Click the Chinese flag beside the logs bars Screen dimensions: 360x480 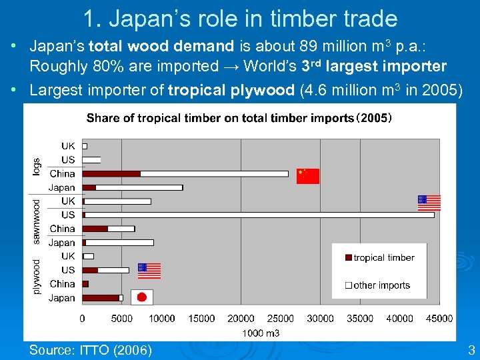[x=308, y=176]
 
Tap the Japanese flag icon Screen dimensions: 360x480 [x=141, y=297]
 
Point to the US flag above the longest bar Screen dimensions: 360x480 [x=429, y=203]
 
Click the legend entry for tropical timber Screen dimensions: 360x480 [x=379, y=258]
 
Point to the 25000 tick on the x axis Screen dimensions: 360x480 [x=281, y=319]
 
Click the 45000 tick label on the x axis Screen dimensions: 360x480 [x=439, y=319]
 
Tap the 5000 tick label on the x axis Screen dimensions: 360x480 [x=122, y=319]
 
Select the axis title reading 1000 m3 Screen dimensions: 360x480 [x=261, y=333]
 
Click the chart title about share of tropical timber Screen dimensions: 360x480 [x=239, y=119]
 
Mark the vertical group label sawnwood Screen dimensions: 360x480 [x=37, y=221]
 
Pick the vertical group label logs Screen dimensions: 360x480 [x=37, y=167]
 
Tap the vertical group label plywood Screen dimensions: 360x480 [x=37, y=277]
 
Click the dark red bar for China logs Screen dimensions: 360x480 [x=111, y=174]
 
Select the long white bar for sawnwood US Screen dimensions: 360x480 [x=260, y=215]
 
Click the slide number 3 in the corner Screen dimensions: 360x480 [x=471, y=349]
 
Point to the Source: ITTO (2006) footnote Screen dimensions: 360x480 [x=90, y=350]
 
